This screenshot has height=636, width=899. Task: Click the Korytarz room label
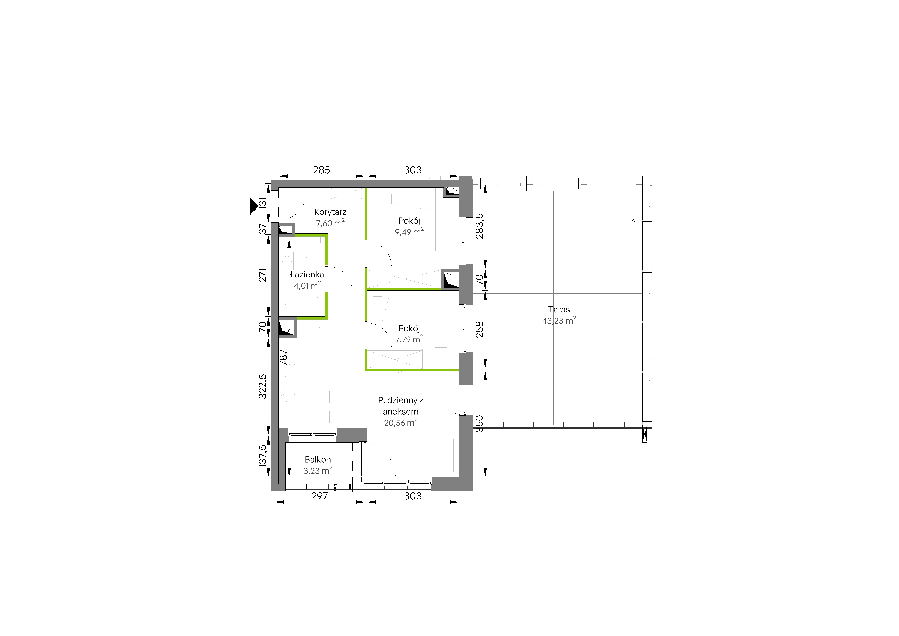click(330, 212)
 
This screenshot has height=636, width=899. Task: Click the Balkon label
click(318, 459)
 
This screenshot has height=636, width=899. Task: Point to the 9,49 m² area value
click(409, 232)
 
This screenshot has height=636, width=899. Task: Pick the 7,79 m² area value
click(409, 339)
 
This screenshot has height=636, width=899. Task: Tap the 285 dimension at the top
click(321, 170)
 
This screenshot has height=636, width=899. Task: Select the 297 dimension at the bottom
click(319, 496)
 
